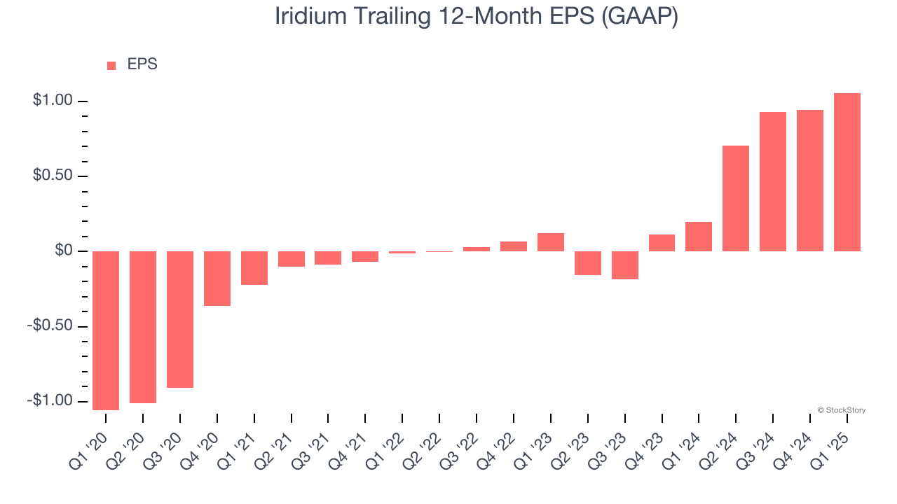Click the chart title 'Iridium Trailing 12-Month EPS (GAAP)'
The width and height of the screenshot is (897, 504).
point(477,16)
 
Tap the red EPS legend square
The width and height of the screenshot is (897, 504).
point(111,65)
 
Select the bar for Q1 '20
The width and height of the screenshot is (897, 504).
point(106,330)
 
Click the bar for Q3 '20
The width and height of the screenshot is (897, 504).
point(180,319)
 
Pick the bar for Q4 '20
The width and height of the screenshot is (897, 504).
point(217,279)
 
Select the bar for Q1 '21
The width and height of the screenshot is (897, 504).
point(254,268)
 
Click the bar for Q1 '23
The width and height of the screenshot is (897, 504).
point(551,242)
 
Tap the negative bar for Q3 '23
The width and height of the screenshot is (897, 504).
point(625,265)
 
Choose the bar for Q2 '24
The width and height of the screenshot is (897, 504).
point(736,198)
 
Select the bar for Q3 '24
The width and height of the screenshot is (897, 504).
point(773,181)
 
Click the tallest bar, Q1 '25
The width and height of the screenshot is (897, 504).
point(847,172)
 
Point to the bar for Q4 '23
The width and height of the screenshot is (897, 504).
point(662,243)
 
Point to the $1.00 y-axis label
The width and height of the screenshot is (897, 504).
point(53,101)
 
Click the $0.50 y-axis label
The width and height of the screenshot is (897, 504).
point(53,176)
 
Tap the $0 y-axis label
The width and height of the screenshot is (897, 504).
point(64,251)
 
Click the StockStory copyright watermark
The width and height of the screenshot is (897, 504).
point(842,410)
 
